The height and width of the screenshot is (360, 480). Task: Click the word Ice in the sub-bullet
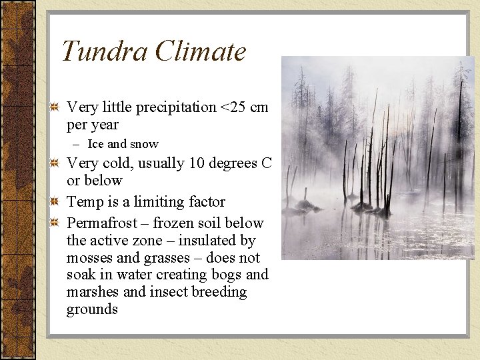tap(96, 144)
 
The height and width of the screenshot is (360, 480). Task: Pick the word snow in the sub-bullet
tap(145, 144)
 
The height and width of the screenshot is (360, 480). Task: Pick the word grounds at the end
tap(92, 310)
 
